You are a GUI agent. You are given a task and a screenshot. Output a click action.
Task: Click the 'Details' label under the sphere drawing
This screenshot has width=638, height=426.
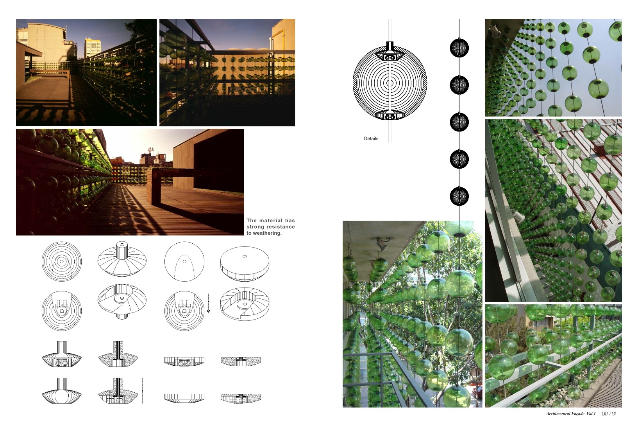371,138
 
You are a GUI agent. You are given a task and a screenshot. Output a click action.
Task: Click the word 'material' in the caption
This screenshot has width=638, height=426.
271,220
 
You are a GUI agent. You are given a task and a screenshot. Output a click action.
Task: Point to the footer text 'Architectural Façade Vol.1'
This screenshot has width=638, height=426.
570,413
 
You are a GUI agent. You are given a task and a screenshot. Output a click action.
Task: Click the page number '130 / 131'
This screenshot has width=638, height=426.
609,413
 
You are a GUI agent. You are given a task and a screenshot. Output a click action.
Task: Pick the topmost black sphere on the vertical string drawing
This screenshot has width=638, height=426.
459,48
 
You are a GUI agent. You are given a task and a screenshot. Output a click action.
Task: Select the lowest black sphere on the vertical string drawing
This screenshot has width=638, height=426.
459,196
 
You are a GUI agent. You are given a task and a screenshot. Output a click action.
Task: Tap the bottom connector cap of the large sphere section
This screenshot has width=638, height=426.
390,115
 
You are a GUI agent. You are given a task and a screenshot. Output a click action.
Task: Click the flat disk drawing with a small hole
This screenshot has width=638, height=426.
245,264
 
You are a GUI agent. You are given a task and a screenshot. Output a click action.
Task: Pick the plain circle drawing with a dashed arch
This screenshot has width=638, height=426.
184,261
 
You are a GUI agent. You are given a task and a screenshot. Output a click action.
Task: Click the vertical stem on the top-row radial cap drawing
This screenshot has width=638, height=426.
122,250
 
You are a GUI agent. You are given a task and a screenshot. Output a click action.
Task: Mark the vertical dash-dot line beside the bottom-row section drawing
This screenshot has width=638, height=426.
142,391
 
